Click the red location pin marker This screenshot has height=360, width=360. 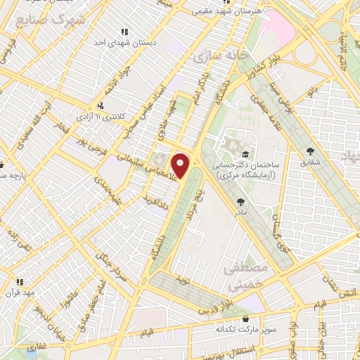click(181, 165)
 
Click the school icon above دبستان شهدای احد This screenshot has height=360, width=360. click(124, 32)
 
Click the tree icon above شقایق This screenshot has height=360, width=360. click(309, 150)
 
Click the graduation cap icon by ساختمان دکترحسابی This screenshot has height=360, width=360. click(244, 155)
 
